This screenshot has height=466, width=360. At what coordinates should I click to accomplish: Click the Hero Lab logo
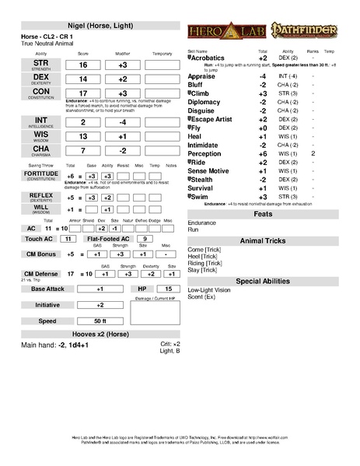(x=220, y=34)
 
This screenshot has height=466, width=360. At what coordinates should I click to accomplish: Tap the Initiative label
(x=47, y=305)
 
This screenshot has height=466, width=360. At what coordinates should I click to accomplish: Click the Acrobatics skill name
(x=208, y=58)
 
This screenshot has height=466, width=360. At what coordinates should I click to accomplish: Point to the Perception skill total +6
(x=263, y=154)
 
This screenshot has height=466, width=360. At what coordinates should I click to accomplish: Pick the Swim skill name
(x=201, y=197)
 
